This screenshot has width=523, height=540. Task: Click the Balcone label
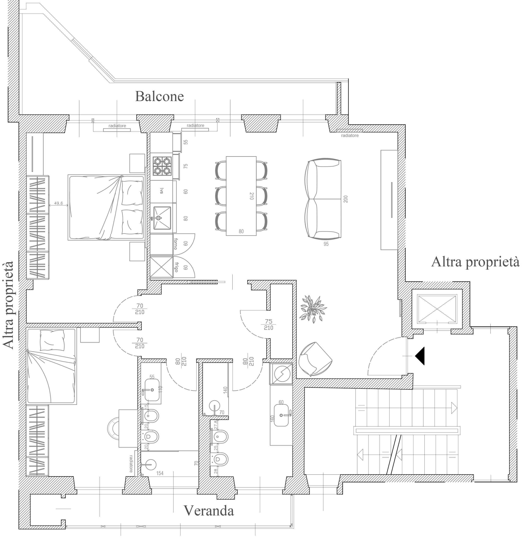159,96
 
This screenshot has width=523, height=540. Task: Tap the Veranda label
209,510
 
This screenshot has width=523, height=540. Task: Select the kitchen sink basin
162,218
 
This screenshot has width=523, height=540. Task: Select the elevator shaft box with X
437,309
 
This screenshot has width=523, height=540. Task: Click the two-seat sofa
323,199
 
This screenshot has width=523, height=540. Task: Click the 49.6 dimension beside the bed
58,203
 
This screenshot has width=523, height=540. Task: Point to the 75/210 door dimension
268,325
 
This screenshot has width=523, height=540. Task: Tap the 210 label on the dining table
251,196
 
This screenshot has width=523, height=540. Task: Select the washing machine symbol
281,373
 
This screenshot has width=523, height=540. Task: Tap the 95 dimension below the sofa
326,244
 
